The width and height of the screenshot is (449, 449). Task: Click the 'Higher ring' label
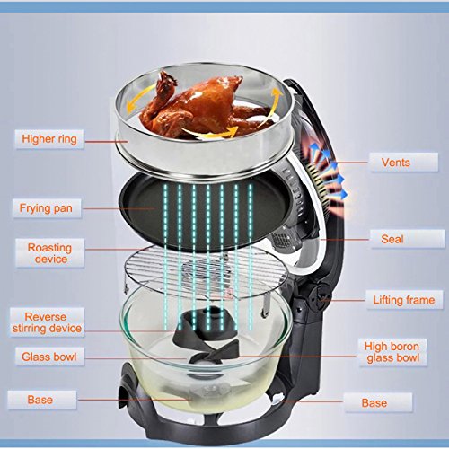49,139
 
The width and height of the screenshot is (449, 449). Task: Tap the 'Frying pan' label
46,208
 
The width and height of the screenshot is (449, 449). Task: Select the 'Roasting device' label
50,253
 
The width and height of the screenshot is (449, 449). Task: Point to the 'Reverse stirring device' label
47,322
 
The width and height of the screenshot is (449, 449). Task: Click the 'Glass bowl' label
49,357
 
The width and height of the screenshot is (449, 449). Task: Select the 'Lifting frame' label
404,300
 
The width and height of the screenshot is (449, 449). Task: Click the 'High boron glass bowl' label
392,352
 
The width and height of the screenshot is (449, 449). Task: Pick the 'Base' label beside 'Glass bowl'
41,400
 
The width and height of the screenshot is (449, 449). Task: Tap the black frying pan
207,209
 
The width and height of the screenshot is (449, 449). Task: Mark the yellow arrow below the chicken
211,133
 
